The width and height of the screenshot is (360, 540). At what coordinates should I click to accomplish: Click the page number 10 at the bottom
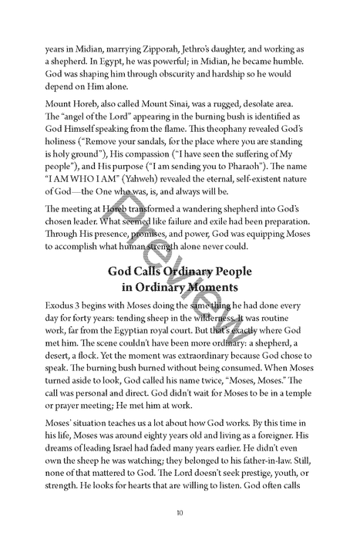click(x=180, y=533)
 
